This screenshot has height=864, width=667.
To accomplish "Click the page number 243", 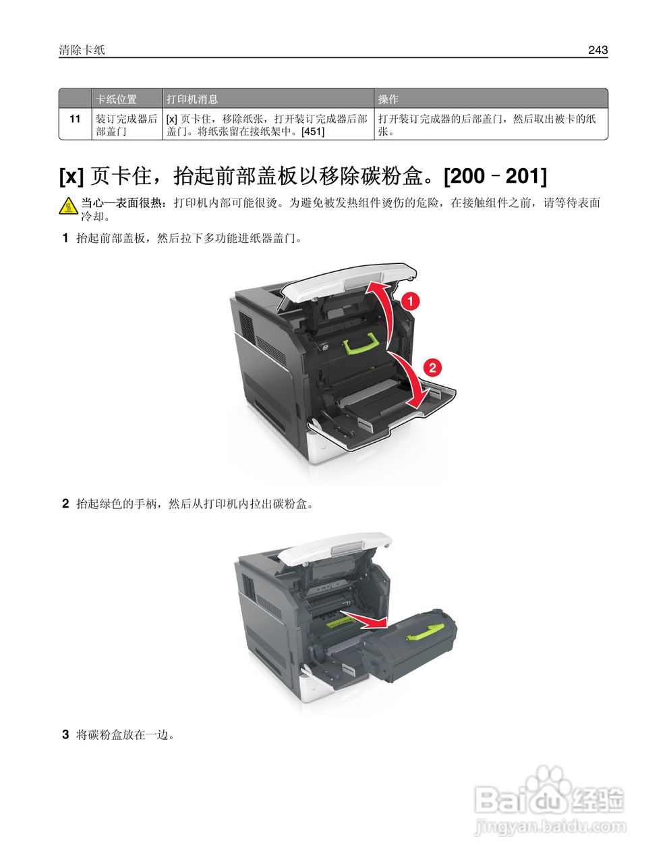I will point(598,50).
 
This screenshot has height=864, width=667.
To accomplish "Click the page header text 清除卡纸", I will point(82,50).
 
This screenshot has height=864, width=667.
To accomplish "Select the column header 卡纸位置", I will point(116,99).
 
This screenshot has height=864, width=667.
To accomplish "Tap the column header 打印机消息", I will point(192,99).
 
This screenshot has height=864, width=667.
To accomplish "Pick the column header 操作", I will point(388,99).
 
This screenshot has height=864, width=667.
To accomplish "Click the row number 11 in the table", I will point(76,119).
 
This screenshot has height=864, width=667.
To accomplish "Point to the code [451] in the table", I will point(312,132).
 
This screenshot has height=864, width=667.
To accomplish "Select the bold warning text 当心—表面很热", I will point(124,203).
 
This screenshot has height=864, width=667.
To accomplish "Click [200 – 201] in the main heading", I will point(495,176).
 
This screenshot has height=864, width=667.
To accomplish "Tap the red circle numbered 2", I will point(432,367).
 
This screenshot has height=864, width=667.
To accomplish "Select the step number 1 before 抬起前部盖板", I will point(65,238).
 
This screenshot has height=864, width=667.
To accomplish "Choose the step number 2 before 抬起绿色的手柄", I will point(65,504).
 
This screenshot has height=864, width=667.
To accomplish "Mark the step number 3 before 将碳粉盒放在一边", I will point(65,734).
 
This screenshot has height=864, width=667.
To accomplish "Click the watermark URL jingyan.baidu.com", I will point(550,826).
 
